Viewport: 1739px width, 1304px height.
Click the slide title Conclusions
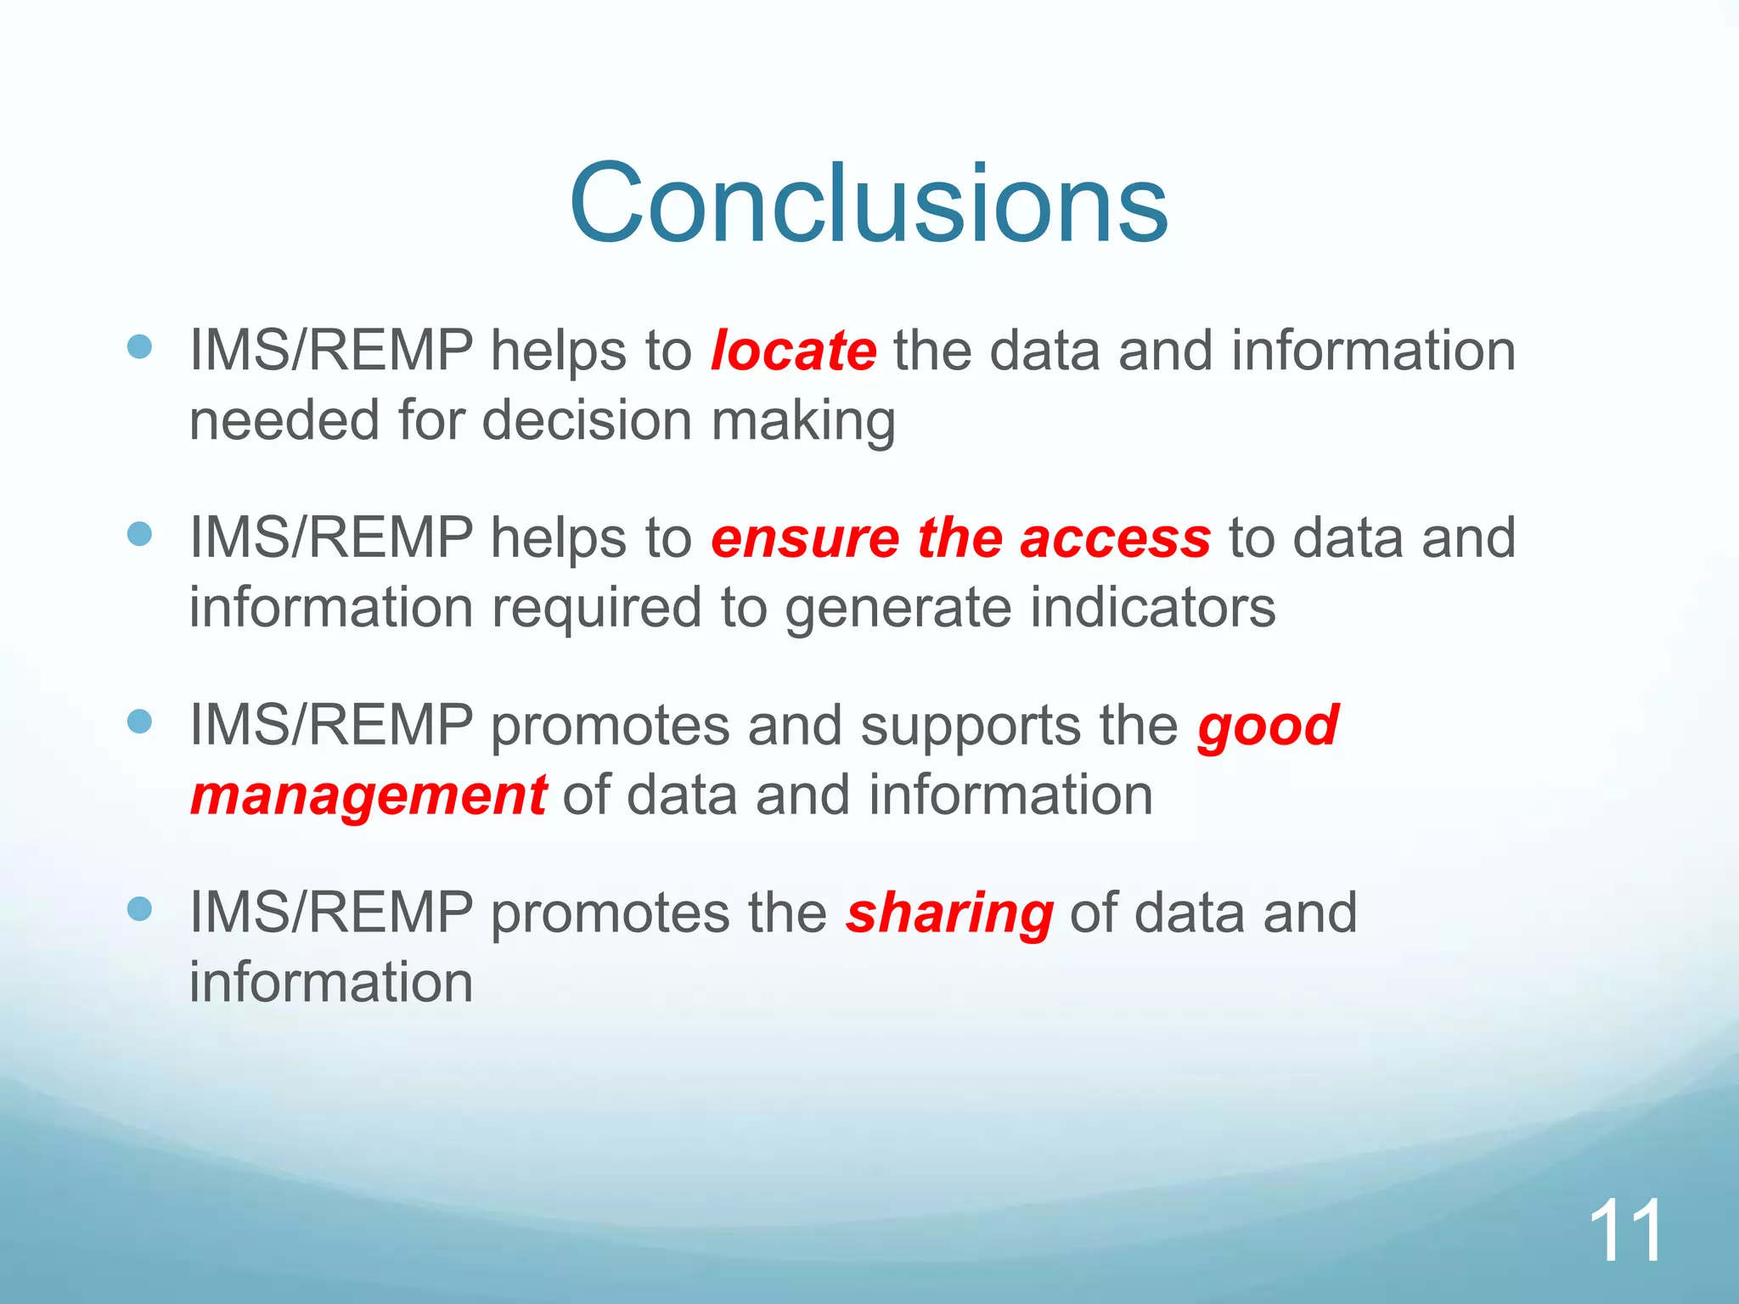tap(869, 204)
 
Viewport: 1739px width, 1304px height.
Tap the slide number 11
tap(1625, 1232)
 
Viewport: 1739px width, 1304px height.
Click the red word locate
tap(794, 351)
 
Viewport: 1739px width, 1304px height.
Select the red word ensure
tap(805, 539)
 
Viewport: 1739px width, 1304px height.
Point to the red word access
tap(1115, 539)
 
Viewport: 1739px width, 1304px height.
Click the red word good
tap(1268, 728)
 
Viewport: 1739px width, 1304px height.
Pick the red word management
tap(369, 796)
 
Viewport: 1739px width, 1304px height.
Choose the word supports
tap(970, 728)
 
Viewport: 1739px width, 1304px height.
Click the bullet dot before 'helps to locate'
tap(139, 346)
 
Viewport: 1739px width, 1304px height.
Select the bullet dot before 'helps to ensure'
tap(139, 534)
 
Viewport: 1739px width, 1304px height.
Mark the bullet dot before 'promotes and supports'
tap(139, 722)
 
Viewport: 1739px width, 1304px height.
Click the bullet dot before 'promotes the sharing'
tap(139, 910)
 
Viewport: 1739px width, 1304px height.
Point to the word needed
tap(283, 420)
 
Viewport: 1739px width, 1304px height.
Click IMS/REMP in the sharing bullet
tap(330, 913)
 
